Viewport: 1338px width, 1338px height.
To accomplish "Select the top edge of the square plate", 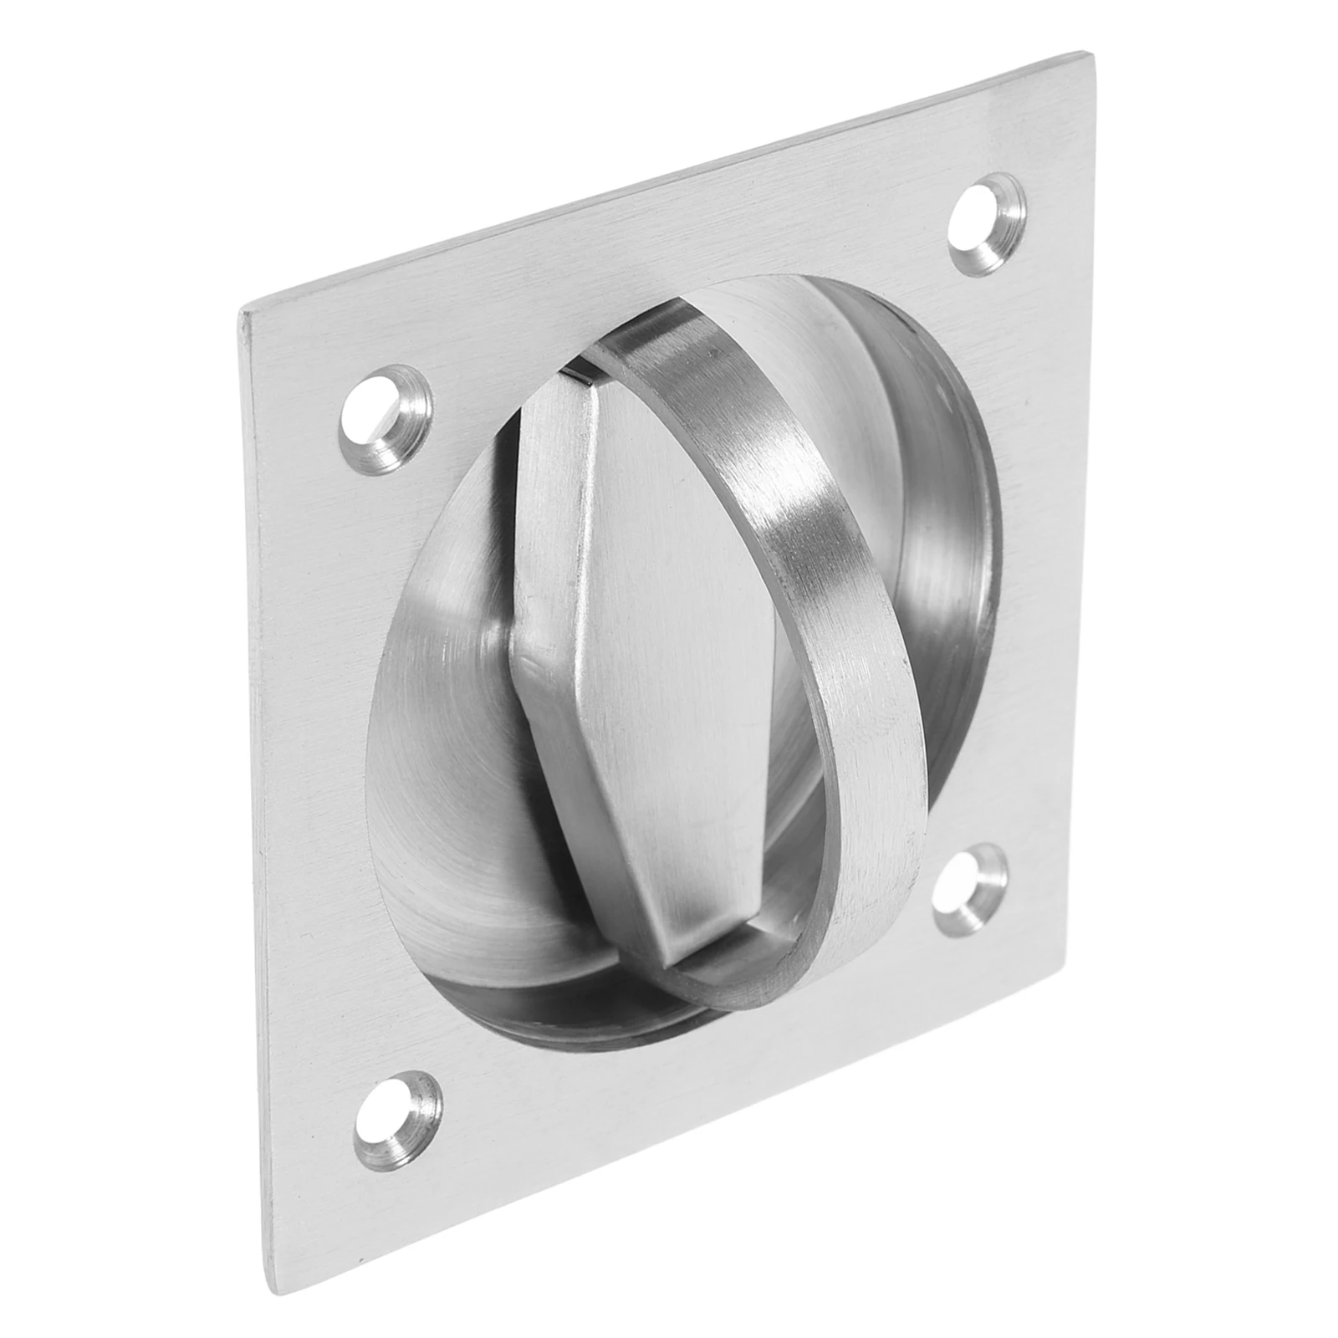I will tap(669, 184).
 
